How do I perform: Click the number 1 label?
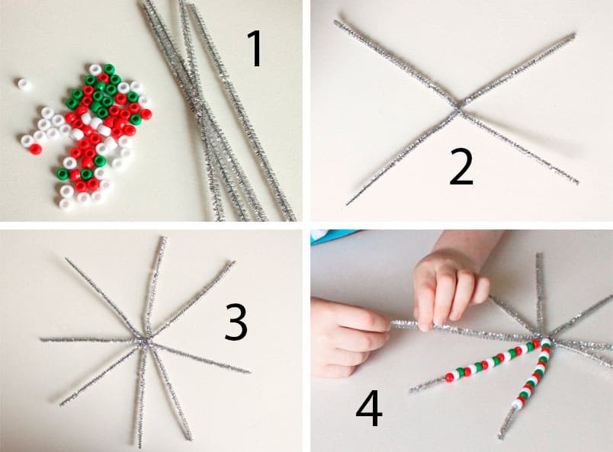255,49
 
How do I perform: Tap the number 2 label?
461,168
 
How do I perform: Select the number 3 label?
236,322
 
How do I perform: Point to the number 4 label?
369,409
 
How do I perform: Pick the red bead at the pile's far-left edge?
35,149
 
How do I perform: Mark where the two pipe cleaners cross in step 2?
460,107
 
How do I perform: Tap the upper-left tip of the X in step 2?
335,22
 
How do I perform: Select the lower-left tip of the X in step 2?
348,204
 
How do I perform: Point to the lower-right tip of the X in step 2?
576,182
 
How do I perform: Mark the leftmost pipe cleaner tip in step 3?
42,339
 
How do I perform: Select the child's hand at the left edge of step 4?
344,337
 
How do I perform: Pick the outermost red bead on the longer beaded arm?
450,378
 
